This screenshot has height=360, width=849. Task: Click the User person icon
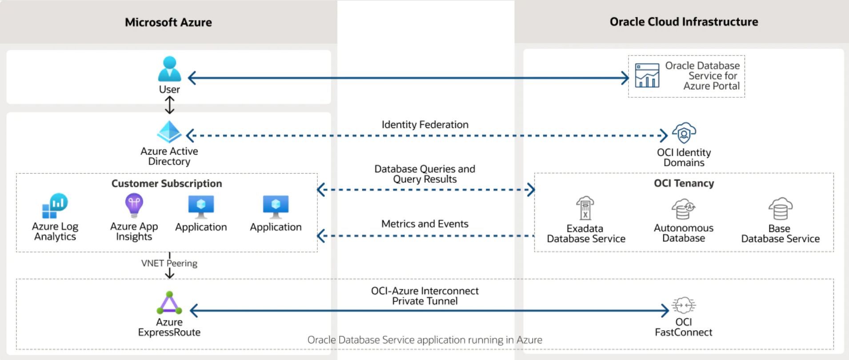(x=169, y=69)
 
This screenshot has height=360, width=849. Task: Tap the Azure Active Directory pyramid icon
(x=169, y=132)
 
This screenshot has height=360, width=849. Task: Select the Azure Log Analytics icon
(x=55, y=206)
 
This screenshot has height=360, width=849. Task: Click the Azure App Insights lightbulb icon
(x=134, y=205)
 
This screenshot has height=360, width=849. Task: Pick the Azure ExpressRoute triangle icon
(x=169, y=303)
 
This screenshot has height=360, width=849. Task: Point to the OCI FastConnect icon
(x=683, y=305)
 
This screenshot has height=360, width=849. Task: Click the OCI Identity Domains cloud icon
(x=684, y=133)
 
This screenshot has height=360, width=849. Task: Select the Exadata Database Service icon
(x=585, y=208)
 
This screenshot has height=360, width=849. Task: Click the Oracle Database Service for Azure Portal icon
(x=647, y=76)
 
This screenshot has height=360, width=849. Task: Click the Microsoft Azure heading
(x=168, y=22)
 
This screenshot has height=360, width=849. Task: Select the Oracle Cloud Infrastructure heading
(x=683, y=22)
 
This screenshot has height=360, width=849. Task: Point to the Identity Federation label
(x=424, y=125)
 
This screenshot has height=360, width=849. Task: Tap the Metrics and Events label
(x=424, y=224)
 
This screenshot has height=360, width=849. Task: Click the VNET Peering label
(x=169, y=263)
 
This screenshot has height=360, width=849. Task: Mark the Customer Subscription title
(x=167, y=184)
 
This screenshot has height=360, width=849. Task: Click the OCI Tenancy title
(x=684, y=183)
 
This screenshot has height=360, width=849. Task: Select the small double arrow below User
(x=169, y=105)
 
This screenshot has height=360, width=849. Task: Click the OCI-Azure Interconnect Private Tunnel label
(x=424, y=296)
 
